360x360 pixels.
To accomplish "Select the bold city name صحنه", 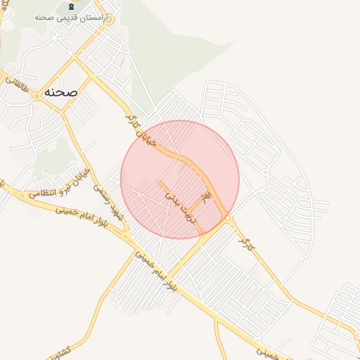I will click(60, 92).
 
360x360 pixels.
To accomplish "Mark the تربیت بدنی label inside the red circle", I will click(184, 208).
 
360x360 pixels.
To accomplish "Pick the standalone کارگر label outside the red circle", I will click(244, 243).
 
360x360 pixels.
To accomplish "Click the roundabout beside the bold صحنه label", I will click(37, 97).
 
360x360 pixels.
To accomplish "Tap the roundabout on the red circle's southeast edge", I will click(229, 219).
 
